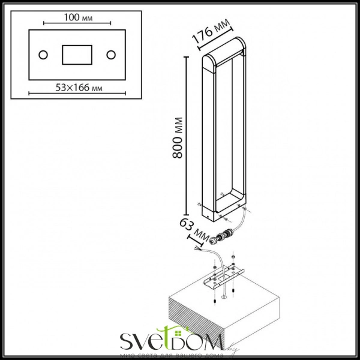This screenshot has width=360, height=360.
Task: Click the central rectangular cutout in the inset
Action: tap(76, 55)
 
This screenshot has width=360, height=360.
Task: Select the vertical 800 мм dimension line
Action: tap(188, 132)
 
